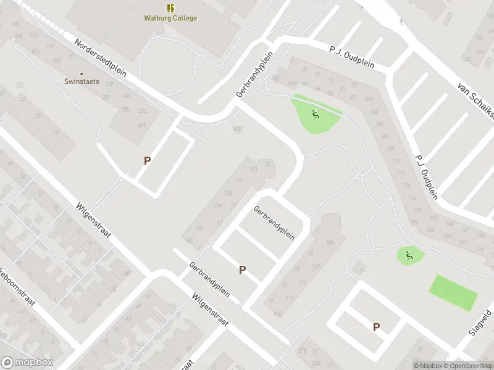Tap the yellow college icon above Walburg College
(170, 8)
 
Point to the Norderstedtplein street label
(100, 59)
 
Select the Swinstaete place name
(82, 81)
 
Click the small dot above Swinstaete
(82, 73)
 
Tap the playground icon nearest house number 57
(315, 113)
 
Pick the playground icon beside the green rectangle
(408, 253)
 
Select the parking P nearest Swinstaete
(147, 160)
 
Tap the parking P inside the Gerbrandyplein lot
(242, 269)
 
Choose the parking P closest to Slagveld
(376, 327)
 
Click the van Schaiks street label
(476, 99)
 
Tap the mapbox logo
(27, 363)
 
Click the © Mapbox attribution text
(428, 366)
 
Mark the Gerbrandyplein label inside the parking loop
(274, 223)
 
